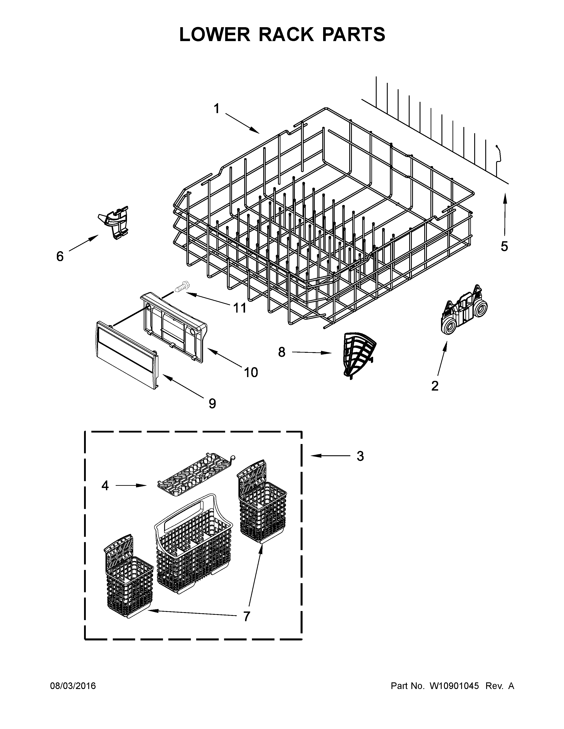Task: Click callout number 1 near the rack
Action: point(217,109)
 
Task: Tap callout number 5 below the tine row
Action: point(504,246)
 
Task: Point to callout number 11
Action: point(240,308)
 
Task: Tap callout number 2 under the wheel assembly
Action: point(435,386)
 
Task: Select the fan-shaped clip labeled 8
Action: point(359,354)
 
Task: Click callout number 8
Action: point(282,352)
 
